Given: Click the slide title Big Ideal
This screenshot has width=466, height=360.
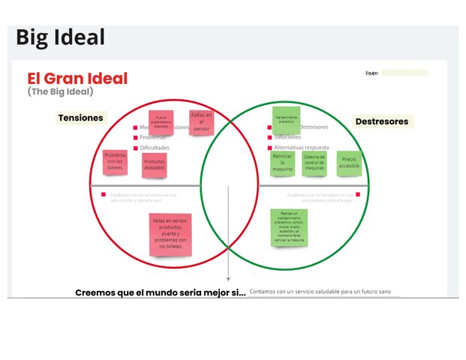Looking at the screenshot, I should click(x=60, y=37).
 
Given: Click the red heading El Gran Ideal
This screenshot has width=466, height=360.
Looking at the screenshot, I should click(x=77, y=78).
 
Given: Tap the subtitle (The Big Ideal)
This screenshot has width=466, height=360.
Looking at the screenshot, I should click(x=60, y=91).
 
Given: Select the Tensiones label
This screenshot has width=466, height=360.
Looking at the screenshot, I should click(x=81, y=118).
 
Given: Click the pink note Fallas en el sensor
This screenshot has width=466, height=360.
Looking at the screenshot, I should click(x=202, y=121).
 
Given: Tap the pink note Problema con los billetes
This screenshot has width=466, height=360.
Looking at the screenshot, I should click(x=116, y=160).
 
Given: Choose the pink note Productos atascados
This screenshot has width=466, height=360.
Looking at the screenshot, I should click(x=154, y=164).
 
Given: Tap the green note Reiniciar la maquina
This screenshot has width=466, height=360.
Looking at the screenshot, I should click(x=282, y=163).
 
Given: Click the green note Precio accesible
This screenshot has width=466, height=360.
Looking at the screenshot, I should click(x=349, y=163).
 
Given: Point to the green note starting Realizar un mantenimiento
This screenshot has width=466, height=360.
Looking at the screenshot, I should click(x=288, y=227).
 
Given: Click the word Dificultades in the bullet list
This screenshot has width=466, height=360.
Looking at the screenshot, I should click(x=155, y=148).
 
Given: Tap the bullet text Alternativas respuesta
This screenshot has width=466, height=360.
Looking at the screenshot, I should click(x=305, y=148).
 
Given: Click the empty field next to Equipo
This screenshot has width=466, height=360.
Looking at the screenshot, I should click(x=404, y=73).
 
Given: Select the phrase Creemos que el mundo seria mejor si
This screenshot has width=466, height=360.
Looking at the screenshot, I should click(x=160, y=292).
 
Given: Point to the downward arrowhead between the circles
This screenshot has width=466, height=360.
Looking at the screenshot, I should click(x=228, y=279).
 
